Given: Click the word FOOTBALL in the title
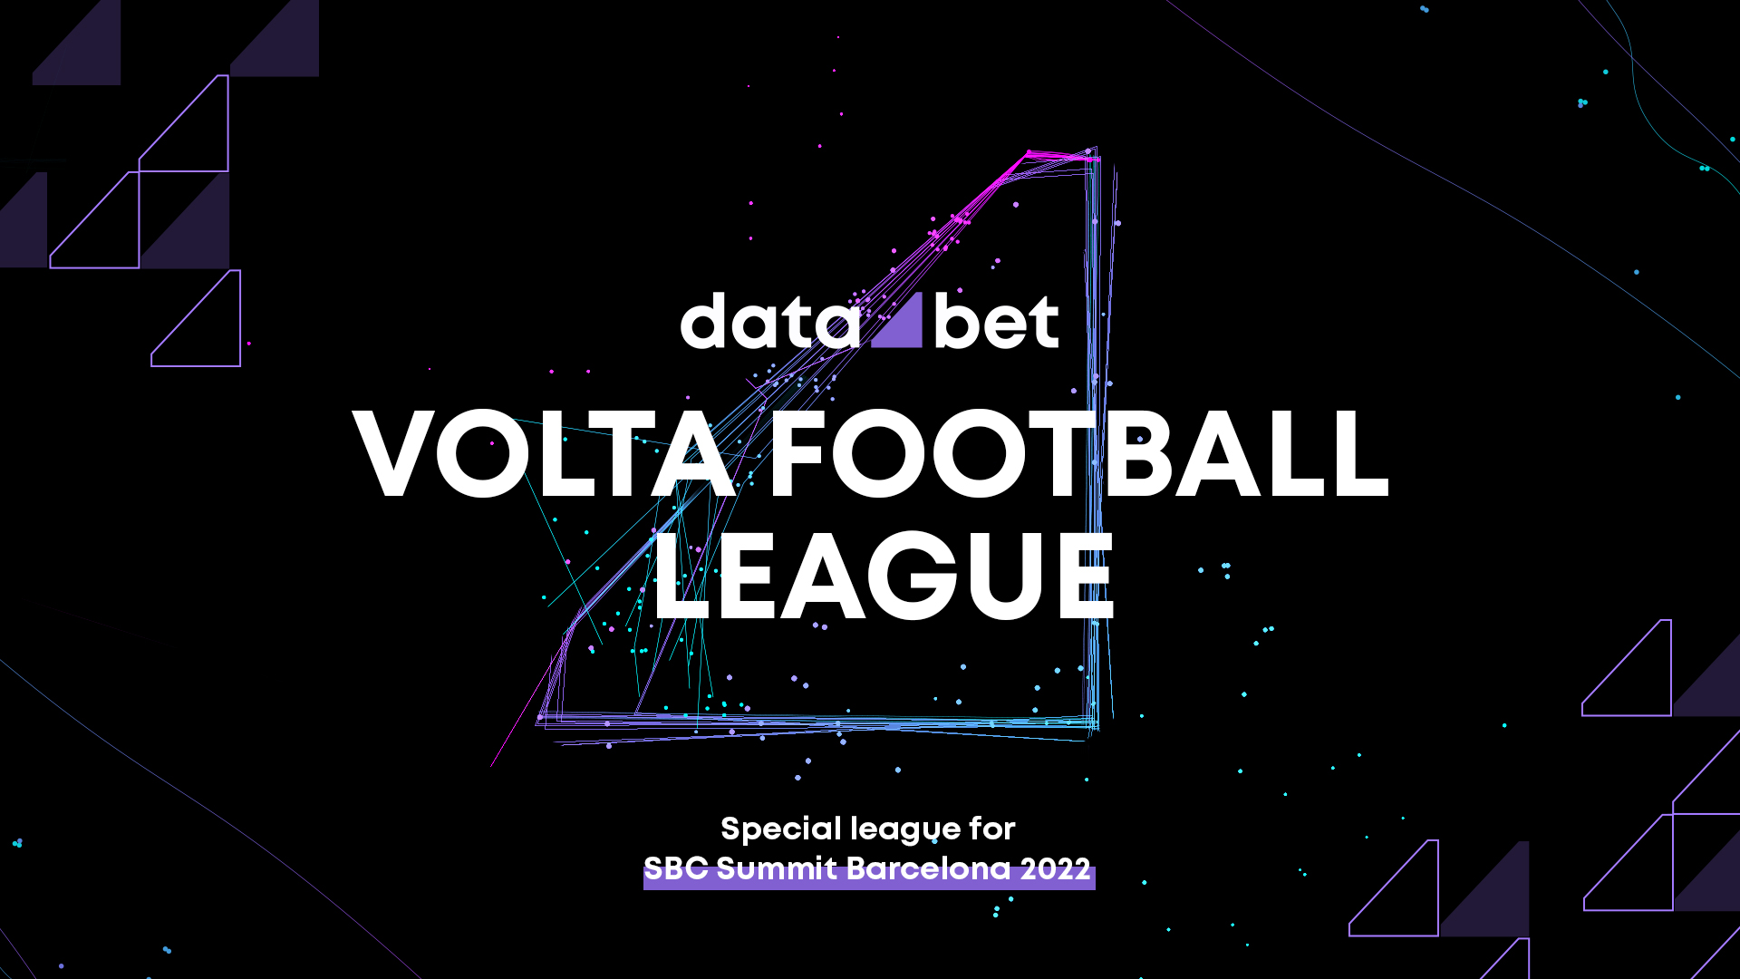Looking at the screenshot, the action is click(x=1079, y=453).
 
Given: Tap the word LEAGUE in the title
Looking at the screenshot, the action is click(x=884, y=575).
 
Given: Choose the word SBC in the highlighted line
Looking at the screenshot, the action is click(x=675, y=868).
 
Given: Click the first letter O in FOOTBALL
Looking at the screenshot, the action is click(x=880, y=453).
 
